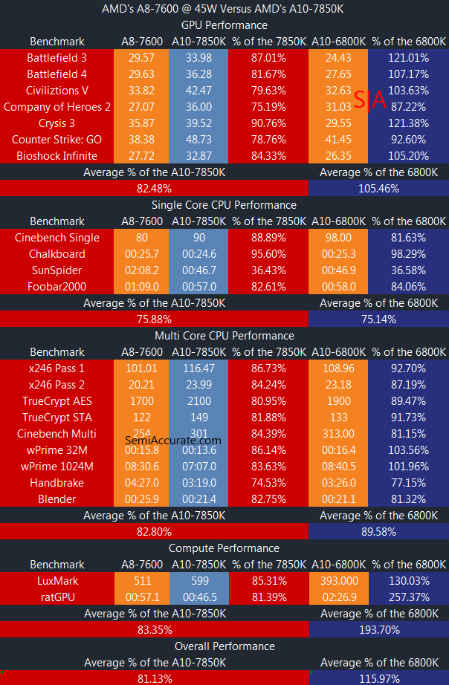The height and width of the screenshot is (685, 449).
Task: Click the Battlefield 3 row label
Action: pos(56,57)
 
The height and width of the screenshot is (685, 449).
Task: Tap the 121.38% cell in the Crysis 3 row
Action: pos(401,123)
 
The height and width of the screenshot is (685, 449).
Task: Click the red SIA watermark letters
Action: pos(369,100)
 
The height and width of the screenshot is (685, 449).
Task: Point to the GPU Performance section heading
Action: pos(224,25)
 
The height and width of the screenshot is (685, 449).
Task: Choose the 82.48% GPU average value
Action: pos(154,188)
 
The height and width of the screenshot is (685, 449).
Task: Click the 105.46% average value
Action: pos(378,188)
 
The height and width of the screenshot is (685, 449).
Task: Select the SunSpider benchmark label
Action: pos(56,270)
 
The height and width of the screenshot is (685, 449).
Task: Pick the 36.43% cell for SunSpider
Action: pos(268,270)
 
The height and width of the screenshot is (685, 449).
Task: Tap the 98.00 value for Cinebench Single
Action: pos(338,237)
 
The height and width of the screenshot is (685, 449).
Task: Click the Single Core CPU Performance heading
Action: pos(224,204)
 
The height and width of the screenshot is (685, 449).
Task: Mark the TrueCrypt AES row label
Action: pos(56,400)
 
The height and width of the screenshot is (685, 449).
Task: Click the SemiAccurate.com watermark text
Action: pos(172,440)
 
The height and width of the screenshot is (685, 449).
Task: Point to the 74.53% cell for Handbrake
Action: pos(268,482)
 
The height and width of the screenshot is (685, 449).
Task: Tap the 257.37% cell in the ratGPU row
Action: pos(401,597)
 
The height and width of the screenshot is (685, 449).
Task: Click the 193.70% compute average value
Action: pos(378,629)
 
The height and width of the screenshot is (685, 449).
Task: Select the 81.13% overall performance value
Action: pos(154,678)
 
